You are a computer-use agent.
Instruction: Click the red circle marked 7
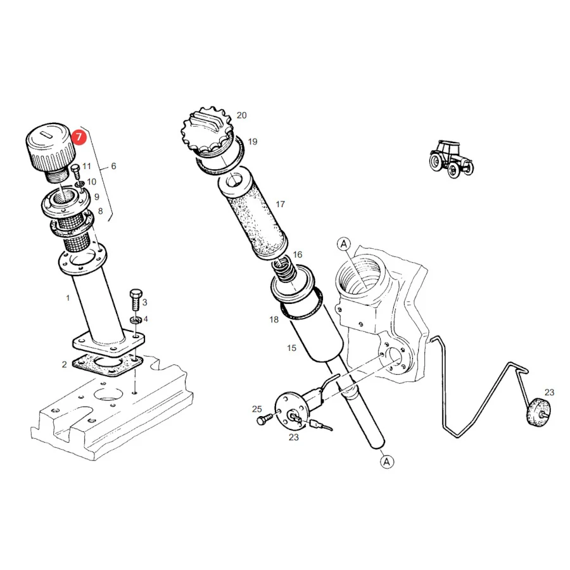pos(79,137)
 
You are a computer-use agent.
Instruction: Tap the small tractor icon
pos(451,159)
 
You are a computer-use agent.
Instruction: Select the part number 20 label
pos(242,115)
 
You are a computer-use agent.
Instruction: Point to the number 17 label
pos(280,205)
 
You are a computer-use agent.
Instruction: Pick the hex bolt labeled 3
pos(136,300)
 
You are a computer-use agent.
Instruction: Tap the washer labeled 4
pos(136,320)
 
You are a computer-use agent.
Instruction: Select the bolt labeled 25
pos(264,419)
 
